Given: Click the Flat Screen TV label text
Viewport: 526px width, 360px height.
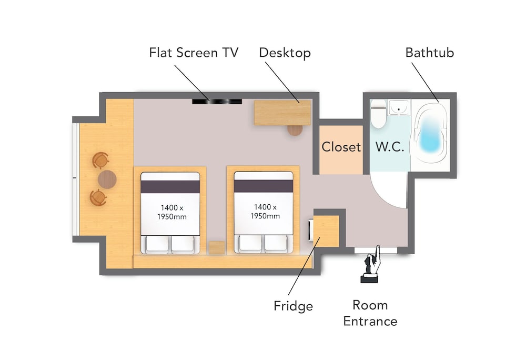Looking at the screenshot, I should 194,53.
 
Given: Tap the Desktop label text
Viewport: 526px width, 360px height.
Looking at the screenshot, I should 285,53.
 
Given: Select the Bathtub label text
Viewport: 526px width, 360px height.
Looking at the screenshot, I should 429,53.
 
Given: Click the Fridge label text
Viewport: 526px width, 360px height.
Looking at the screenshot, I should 293,306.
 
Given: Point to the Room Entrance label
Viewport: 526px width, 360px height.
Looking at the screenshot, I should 370,313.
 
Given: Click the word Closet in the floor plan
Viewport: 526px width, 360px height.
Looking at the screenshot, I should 341,147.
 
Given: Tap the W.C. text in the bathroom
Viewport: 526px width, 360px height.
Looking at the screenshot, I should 390,147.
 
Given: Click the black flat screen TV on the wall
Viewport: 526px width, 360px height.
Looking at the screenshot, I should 217,101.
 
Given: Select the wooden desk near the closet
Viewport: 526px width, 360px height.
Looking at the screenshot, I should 282,112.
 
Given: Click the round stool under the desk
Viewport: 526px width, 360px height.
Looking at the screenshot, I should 295,129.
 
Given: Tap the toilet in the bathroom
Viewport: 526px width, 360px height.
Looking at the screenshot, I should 378,116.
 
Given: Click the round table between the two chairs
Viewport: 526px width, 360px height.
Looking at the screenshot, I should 107,179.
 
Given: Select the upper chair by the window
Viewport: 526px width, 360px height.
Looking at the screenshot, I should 99,160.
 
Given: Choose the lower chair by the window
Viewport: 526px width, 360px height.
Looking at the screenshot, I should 98,198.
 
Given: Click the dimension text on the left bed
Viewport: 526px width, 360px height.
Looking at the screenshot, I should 169,212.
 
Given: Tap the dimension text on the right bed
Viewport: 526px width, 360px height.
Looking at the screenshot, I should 263,212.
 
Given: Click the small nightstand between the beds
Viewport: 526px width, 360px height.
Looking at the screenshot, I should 216,247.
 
